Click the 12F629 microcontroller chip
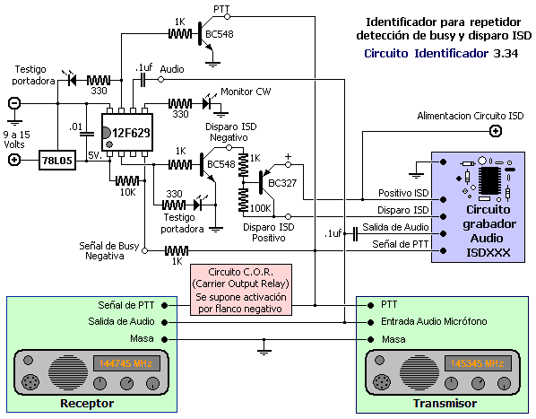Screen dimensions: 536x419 127,132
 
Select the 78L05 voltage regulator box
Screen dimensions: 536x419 57,160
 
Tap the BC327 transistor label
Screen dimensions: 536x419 282,183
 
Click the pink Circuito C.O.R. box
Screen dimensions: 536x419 241,290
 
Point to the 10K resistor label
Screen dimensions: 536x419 128,193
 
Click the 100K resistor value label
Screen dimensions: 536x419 261,208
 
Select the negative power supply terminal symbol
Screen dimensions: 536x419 14,103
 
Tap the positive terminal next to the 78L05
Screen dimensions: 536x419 14,160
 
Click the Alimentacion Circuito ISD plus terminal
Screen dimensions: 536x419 496,131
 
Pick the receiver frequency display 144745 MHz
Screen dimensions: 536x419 126,363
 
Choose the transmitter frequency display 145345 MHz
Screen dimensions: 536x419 478,363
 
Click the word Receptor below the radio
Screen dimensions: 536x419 87,403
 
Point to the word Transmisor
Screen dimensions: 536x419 445,403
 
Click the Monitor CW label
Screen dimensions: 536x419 246,92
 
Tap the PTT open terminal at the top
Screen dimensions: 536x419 227,16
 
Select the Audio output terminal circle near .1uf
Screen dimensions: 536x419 160,80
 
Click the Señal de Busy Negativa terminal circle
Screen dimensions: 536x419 144,250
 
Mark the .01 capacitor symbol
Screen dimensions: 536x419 86,134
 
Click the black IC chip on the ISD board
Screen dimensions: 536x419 489,180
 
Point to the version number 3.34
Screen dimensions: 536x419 506,53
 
